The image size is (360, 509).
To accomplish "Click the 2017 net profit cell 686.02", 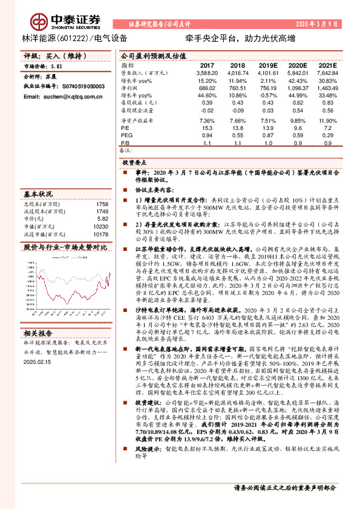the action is click(207, 88).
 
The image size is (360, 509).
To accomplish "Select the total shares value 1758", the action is click(102, 204).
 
